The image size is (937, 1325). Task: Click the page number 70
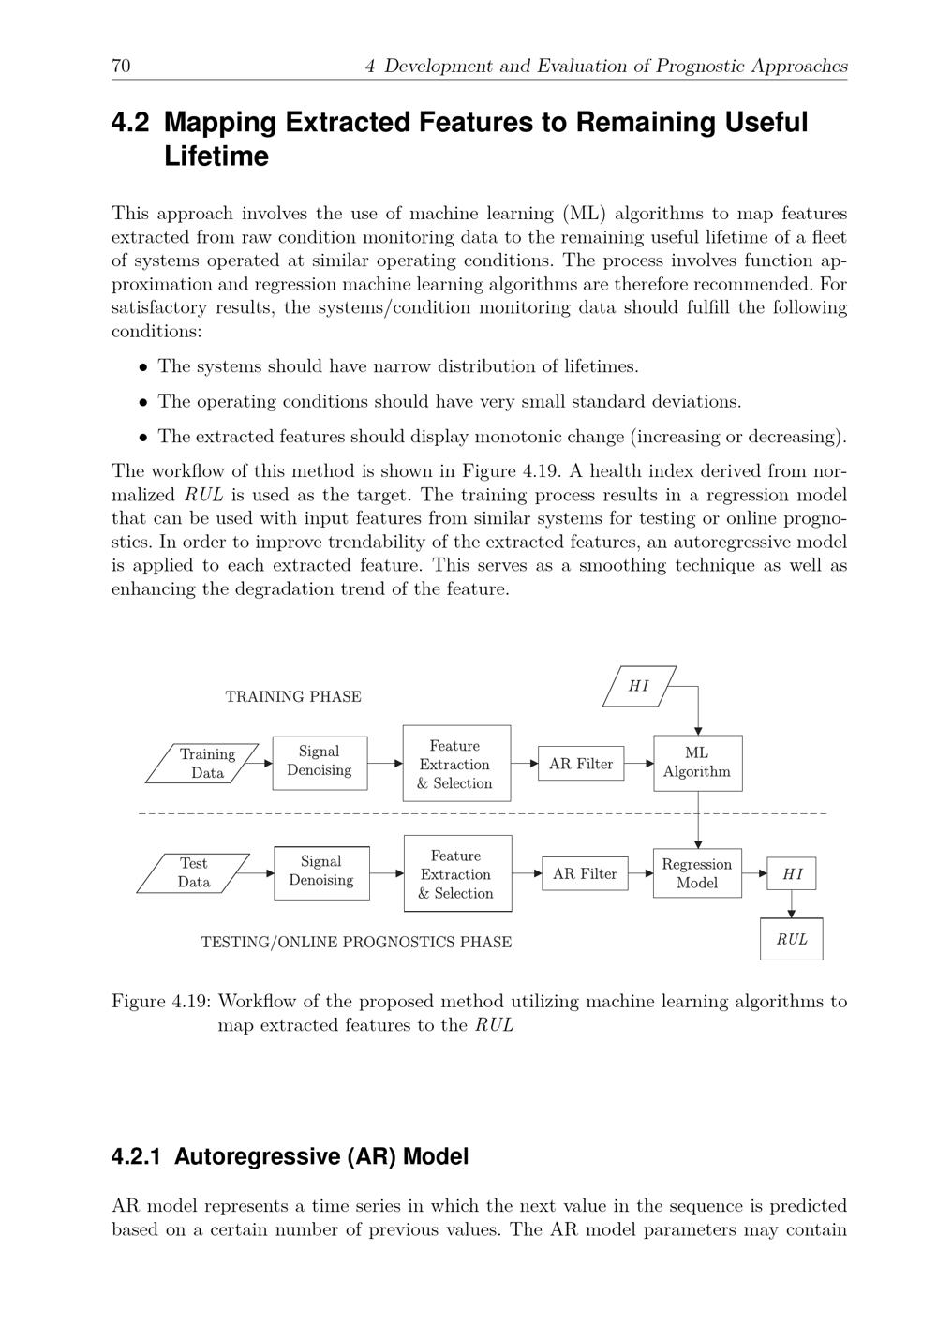[x=121, y=66]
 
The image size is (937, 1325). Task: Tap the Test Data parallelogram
[x=194, y=873]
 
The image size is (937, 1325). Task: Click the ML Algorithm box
[x=697, y=763]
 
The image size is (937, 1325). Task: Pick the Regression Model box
[x=697, y=873]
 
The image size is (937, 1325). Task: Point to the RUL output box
[x=792, y=939]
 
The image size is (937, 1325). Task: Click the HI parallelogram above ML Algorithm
[x=639, y=686]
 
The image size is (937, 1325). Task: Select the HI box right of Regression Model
[x=792, y=874]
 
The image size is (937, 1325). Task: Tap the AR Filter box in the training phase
[x=581, y=764]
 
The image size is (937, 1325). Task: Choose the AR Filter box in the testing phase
[x=585, y=874]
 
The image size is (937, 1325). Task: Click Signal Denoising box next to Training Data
[x=320, y=762]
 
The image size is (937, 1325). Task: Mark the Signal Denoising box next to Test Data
[x=321, y=871]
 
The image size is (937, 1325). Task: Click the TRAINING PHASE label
[x=293, y=697]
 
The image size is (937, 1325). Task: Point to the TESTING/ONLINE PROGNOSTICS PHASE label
[x=356, y=942]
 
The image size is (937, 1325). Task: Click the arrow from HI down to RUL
[x=792, y=903]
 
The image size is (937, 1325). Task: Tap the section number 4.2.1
[x=136, y=1156]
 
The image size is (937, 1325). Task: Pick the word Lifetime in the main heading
[x=216, y=156]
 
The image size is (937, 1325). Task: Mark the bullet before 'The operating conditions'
[x=143, y=402]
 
